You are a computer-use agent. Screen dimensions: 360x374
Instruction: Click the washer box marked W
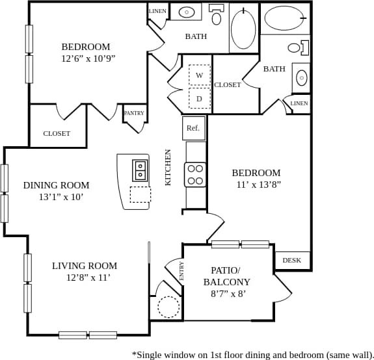199,75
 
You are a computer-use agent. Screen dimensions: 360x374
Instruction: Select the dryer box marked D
199,99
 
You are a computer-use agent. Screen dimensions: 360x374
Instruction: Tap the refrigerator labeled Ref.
193,128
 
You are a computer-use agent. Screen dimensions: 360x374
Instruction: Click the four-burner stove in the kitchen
195,174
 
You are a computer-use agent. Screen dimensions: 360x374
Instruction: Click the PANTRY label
134,113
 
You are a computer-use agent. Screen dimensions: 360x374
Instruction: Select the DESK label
292,261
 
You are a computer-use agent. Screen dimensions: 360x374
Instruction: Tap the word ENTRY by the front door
181,270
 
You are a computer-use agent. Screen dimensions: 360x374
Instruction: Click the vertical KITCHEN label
168,168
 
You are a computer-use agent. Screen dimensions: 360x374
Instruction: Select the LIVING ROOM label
85,266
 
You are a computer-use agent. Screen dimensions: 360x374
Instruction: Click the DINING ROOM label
57,185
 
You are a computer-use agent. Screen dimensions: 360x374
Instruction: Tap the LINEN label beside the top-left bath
157,11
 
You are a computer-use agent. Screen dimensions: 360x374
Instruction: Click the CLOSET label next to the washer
228,84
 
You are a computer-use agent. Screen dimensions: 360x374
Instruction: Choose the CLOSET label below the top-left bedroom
57,133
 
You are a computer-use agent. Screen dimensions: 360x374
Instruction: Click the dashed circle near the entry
168,306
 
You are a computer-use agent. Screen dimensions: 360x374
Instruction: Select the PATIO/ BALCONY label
226,276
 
